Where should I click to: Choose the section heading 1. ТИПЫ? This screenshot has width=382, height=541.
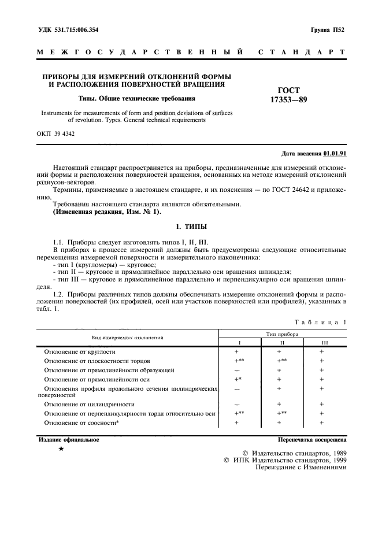click(x=191, y=227)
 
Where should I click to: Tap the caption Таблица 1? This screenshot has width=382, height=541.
click(x=320, y=321)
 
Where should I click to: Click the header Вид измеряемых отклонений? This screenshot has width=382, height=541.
click(x=127, y=338)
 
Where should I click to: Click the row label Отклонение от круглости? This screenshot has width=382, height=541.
click(x=80, y=351)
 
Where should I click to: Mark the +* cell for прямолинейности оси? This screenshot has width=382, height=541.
click(x=237, y=379)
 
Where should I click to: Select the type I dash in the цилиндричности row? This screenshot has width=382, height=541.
click(x=237, y=405)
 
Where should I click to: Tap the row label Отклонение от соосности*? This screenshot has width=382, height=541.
click(x=82, y=423)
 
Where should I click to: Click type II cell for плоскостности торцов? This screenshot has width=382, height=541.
click(x=280, y=361)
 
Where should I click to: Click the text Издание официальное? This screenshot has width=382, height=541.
click(x=69, y=439)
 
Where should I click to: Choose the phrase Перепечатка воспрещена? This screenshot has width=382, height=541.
click(x=312, y=439)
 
